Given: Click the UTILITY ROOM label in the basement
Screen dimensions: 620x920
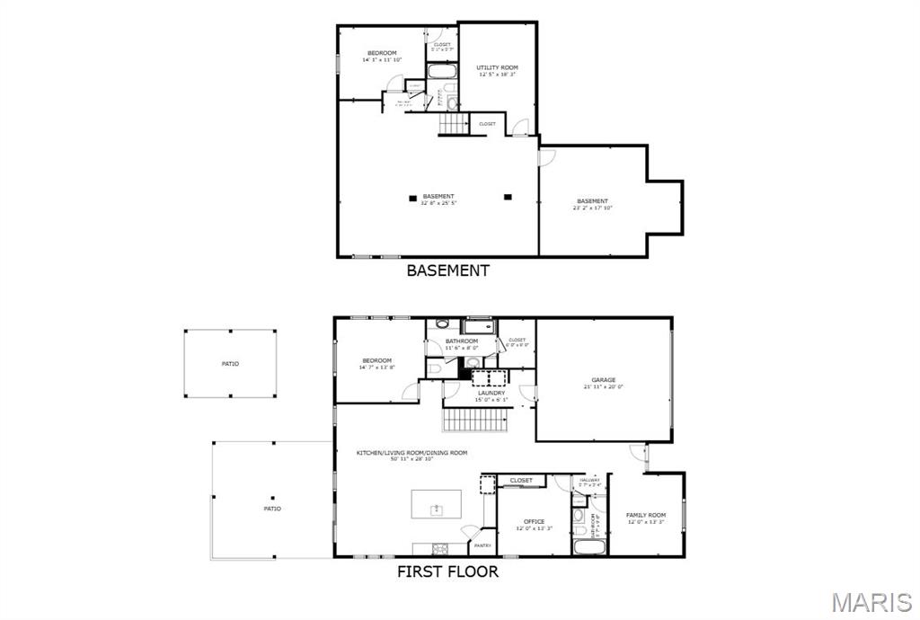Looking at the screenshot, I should (497, 67).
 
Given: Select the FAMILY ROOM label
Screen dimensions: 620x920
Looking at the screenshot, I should (646, 515).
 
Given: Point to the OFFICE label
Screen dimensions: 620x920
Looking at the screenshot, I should (534, 521).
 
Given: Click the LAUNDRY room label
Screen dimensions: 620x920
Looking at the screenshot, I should (491, 393).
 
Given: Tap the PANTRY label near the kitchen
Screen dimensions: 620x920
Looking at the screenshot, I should (482, 545).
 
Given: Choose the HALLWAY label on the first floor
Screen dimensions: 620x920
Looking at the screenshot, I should (589, 481).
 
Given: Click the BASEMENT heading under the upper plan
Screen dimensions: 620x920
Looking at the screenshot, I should (448, 270).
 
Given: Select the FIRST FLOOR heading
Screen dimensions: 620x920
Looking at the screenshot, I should (447, 571).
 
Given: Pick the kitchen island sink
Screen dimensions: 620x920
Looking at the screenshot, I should (437, 509).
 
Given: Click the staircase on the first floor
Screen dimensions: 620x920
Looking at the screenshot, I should (475, 419).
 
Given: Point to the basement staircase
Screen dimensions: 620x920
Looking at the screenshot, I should (454, 124).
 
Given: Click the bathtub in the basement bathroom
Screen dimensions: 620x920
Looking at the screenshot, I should (442, 72).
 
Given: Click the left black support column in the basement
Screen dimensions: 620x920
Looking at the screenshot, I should (412, 197).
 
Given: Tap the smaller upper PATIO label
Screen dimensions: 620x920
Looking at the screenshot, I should (231, 364).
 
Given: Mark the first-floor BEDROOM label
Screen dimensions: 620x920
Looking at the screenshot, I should (377, 361).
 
